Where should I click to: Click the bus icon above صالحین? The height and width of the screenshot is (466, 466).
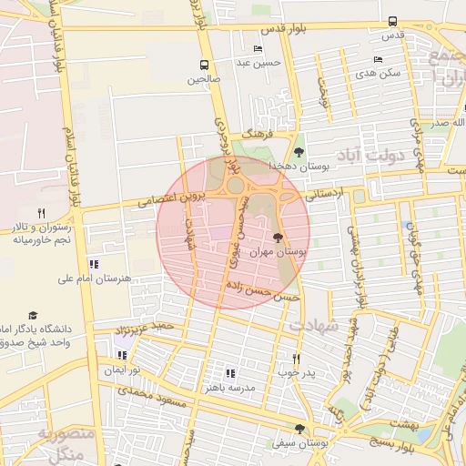(204, 66)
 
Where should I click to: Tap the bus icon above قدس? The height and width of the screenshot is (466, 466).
(392, 21)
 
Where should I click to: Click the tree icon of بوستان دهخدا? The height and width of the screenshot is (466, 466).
(299, 152)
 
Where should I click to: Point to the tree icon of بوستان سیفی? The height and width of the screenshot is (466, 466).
(299, 429)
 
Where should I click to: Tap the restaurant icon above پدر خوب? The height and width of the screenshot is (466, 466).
(296, 359)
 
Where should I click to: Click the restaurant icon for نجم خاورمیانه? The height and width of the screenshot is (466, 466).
(41, 213)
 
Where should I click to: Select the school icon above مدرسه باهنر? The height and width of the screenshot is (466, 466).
(229, 373)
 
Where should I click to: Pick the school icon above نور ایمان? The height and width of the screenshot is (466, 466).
(122, 356)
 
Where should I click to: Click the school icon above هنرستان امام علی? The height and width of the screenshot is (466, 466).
(94, 264)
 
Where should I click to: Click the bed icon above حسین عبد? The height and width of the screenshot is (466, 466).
(258, 49)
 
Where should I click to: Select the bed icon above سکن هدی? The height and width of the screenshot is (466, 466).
(378, 59)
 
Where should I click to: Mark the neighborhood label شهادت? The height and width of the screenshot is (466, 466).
(314, 325)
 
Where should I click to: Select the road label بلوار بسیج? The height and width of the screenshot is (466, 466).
(390, 441)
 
